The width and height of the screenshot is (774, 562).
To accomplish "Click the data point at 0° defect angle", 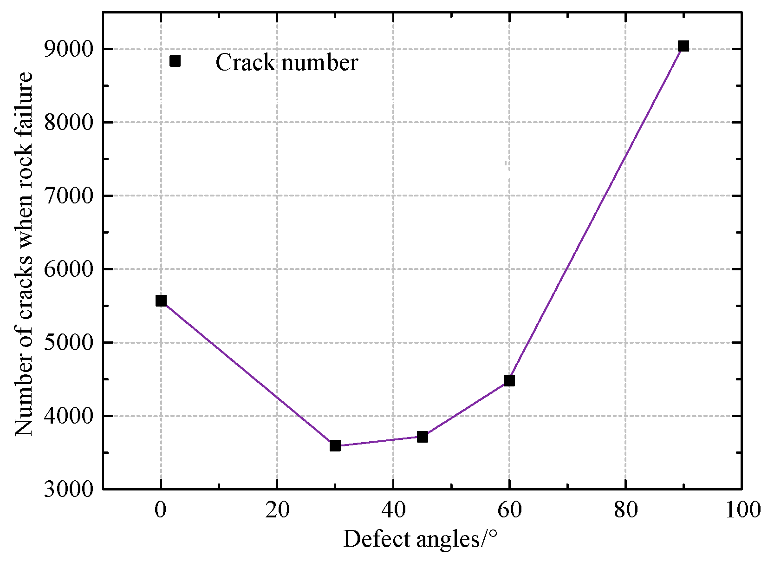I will click(161, 301).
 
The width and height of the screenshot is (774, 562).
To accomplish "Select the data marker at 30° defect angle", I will click(335, 445).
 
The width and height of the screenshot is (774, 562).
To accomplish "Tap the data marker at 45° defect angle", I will click(422, 437).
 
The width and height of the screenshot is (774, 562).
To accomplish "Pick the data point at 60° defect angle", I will click(509, 380).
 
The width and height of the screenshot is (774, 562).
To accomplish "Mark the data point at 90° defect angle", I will click(683, 46).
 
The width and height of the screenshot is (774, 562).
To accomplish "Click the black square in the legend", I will click(175, 61).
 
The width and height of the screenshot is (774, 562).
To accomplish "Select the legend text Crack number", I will click(286, 62).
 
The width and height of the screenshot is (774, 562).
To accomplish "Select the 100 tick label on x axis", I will click(741, 510).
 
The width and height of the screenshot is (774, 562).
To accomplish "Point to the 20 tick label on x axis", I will click(277, 510).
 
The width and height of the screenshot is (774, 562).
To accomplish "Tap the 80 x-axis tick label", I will click(625, 510).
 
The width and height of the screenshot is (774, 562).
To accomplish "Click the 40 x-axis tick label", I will click(393, 510).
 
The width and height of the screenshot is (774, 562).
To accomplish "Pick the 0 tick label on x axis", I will click(161, 510).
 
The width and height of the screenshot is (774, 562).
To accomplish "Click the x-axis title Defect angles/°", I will click(420, 539).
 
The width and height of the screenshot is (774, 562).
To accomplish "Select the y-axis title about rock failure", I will click(24, 254).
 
